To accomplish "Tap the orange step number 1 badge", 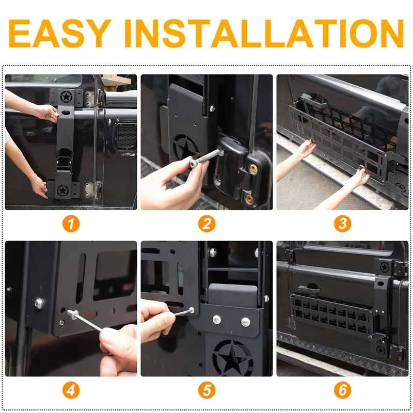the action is coord(71,224).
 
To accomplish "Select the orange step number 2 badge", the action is coord(207,224).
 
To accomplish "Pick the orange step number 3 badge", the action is coord(342,224).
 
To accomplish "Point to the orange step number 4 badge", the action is coord(71,390).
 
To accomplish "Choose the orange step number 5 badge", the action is coord(207,390).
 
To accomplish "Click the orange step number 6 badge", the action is coord(342,390).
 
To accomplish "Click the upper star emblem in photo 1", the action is coord(66,97).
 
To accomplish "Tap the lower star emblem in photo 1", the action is coord(62,190).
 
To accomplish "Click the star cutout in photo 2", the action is coord(186,148).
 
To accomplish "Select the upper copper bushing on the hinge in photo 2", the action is coord(253,169).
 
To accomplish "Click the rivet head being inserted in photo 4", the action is coord(73,314).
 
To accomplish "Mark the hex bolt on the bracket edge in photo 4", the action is coord(39,304).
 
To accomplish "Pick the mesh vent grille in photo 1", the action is coord(126,137).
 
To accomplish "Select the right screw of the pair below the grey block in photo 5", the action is coord(245,322).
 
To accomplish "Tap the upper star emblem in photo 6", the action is coord(384,267).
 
